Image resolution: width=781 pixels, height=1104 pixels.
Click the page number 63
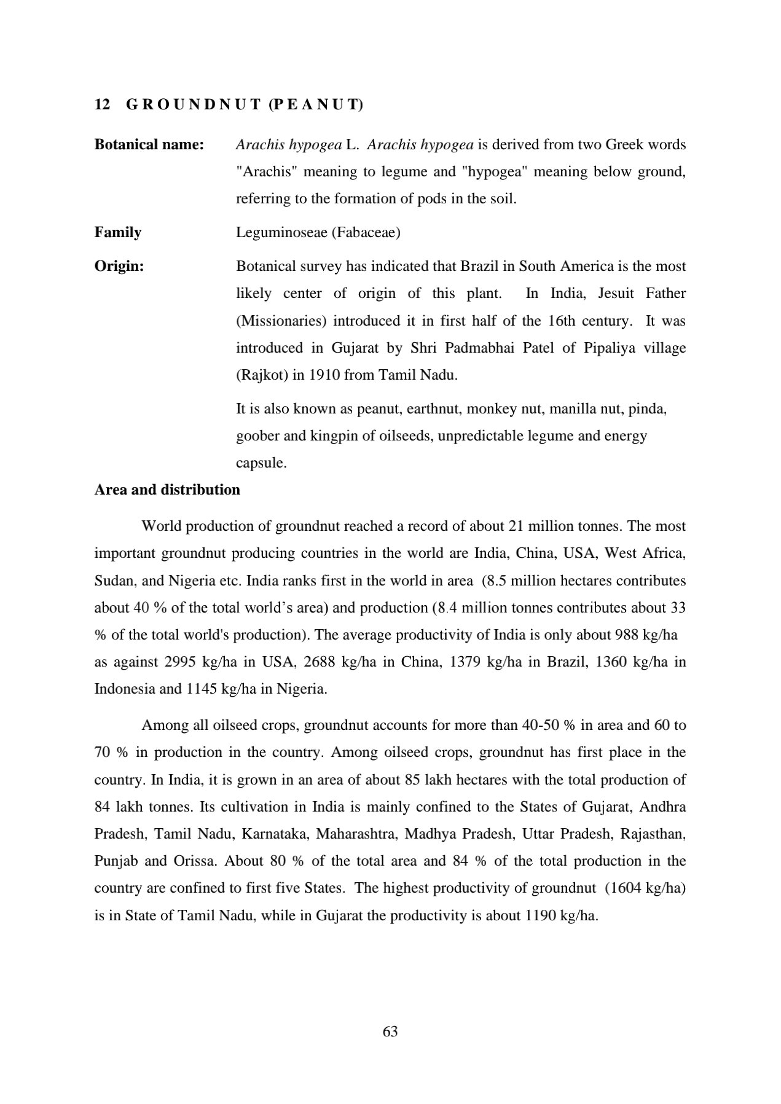click(390, 1032)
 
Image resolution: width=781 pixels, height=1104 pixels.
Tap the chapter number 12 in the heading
click(102, 105)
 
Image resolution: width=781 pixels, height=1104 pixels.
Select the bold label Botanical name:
click(149, 144)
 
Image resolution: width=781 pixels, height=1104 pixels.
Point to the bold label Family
click(118, 232)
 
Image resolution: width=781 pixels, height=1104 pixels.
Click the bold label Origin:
click(119, 266)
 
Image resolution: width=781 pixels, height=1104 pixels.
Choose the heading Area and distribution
click(167, 490)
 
